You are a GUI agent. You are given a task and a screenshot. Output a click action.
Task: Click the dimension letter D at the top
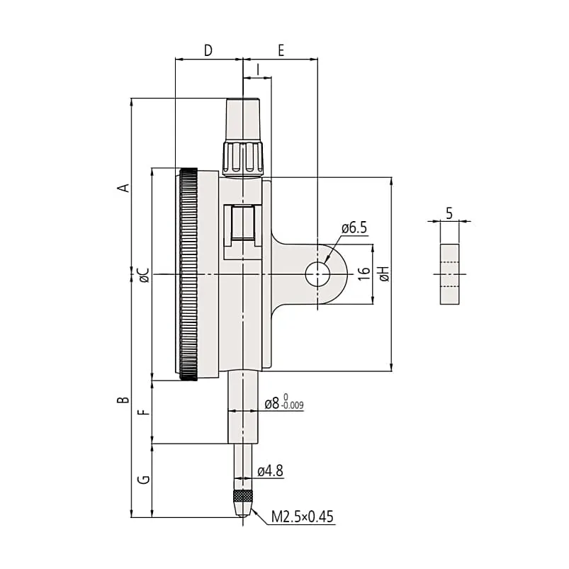[x=208, y=50]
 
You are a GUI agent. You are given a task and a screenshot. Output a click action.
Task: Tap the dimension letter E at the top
[x=281, y=50]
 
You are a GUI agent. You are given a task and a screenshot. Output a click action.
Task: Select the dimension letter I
[x=258, y=69]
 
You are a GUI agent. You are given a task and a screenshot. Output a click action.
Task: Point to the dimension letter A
[x=124, y=188]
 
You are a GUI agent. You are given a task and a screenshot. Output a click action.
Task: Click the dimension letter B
[x=124, y=400]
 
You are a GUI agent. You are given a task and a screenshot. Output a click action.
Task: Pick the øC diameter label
[x=144, y=276]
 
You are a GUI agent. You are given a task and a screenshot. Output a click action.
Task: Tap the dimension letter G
[x=145, y=480]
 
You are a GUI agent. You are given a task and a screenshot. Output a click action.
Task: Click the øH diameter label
[x=384, y=274]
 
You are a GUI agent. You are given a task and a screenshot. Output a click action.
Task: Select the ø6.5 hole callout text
[x=354, y=228]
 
